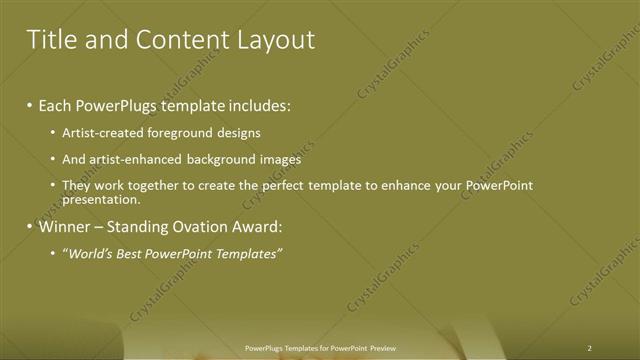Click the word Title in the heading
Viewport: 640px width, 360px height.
point(49,40)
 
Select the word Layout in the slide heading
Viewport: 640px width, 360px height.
point(276,40)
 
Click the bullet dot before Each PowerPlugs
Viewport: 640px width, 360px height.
point(30,105)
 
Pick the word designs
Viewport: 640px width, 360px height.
point(240,132)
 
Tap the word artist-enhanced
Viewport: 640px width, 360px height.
point(137,159)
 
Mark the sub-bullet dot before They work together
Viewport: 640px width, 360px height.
point(53,186)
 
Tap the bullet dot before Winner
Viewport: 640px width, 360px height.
point(30,227)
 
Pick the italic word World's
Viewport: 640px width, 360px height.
point(87,254)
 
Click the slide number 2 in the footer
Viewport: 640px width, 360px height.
point(589,348)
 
